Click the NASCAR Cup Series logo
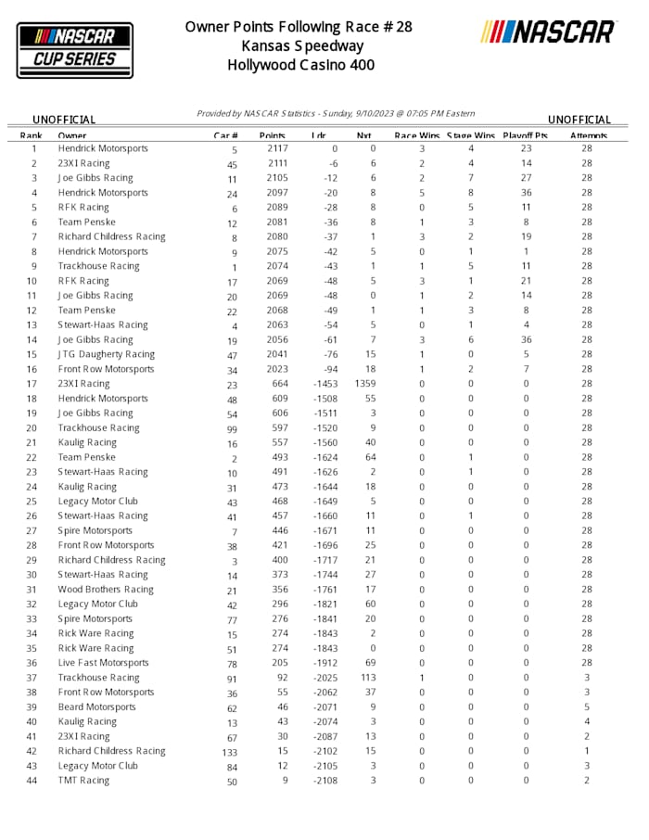coord(75,49)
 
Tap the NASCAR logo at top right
coord(549,32)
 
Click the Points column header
coord(272,135)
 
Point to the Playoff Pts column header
coord(526,135)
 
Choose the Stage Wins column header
coord(471,135)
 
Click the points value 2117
coord(277,148)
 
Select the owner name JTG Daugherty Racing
coord(107,354)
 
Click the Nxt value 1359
coord(365,384)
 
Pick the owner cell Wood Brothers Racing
coord(106,590)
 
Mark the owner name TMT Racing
coord(83,781)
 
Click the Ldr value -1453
coord(324,384)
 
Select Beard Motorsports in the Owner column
coord(96,707)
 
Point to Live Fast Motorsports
coord(103,663)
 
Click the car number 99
coord(232,428)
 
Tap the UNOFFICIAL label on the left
coord(64,120)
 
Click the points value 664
coord(280,384)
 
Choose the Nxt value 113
coord(367,678)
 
